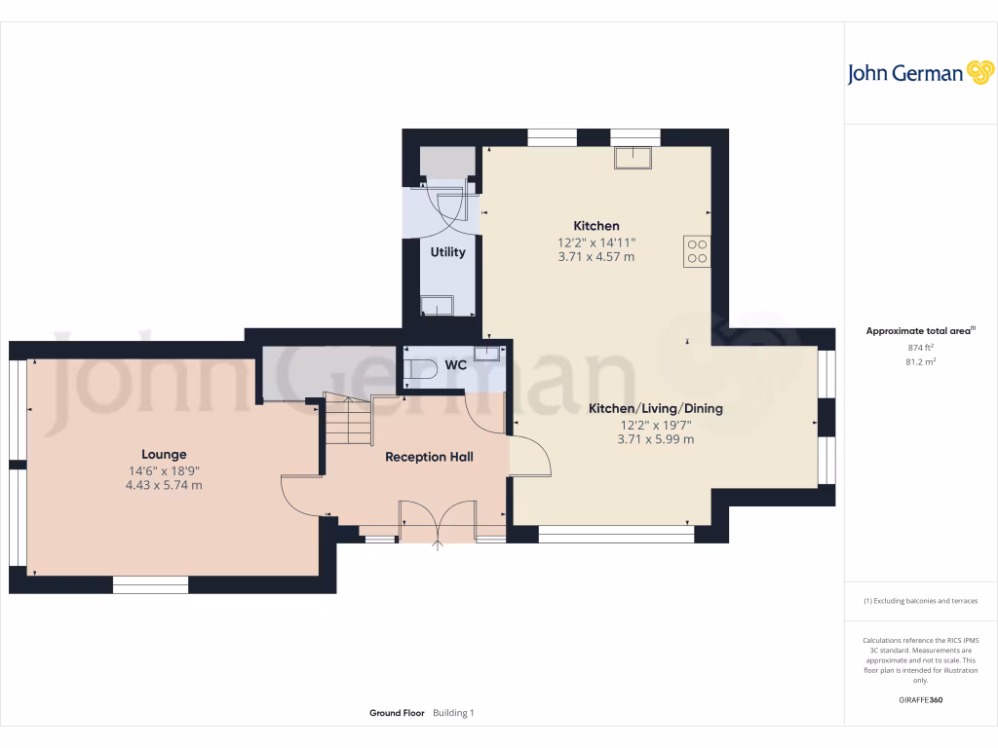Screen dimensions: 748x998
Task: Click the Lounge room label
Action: (164, 454)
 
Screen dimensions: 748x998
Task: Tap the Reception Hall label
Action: (429, 457)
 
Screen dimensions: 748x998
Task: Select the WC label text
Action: (455, 365)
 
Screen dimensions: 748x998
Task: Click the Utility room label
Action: (448, 252)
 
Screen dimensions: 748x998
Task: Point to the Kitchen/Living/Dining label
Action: (656, 409)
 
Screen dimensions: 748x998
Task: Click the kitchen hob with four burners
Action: (697, 251)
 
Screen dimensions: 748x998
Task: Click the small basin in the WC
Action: (486, 354)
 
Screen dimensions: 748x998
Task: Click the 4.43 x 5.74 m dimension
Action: (164, 485)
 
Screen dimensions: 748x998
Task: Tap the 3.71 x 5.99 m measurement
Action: (656, 439)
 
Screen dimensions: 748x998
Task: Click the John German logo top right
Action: (919, 73)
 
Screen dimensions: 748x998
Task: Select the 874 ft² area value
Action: (920, 347)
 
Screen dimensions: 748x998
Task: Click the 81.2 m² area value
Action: (920, 361)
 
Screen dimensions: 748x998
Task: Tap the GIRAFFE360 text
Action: (920, 699)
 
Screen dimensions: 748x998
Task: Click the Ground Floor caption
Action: (397, 713)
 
